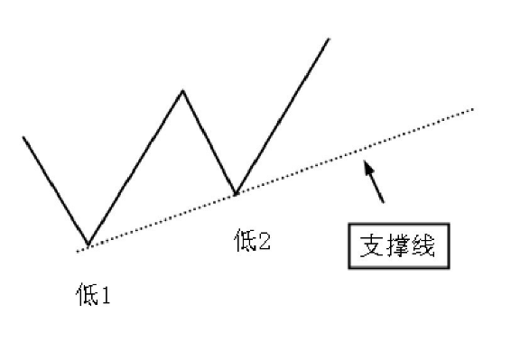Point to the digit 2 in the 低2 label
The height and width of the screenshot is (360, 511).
tap(263, 243)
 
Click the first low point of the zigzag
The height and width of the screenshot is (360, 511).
tap(88, 245)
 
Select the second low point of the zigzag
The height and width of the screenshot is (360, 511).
tap(236, 194)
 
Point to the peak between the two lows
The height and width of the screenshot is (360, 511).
tap(183, 90)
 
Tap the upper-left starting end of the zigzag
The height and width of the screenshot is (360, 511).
tap(23, 137)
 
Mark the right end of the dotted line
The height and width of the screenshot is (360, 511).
tap(473, 110)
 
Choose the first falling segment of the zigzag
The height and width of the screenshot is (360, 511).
tap(55, 191)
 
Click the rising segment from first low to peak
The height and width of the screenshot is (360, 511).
tap(135, 168)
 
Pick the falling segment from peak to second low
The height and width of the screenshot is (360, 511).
tap(209, 143)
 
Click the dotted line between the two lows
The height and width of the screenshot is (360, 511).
tap(163, 219)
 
